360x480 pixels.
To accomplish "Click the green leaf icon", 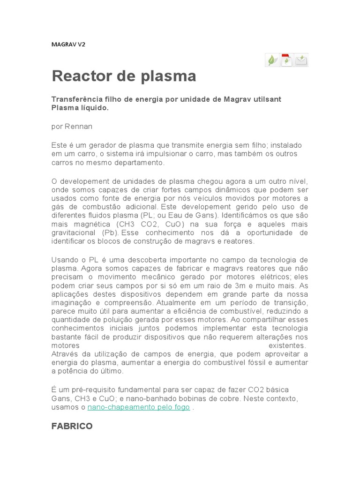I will (x=272, y=60).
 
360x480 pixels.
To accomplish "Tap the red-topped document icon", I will (x=286, y=60).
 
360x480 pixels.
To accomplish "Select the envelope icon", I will (x=301, y=60).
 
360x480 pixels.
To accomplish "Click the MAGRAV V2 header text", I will (x=68, y=45).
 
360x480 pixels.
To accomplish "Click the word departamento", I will (x=139, y=163).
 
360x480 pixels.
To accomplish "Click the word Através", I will (x=65, y=354).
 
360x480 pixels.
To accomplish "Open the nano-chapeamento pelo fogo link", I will (x=139, y=407).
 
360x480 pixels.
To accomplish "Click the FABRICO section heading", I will (x=72, y=426).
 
